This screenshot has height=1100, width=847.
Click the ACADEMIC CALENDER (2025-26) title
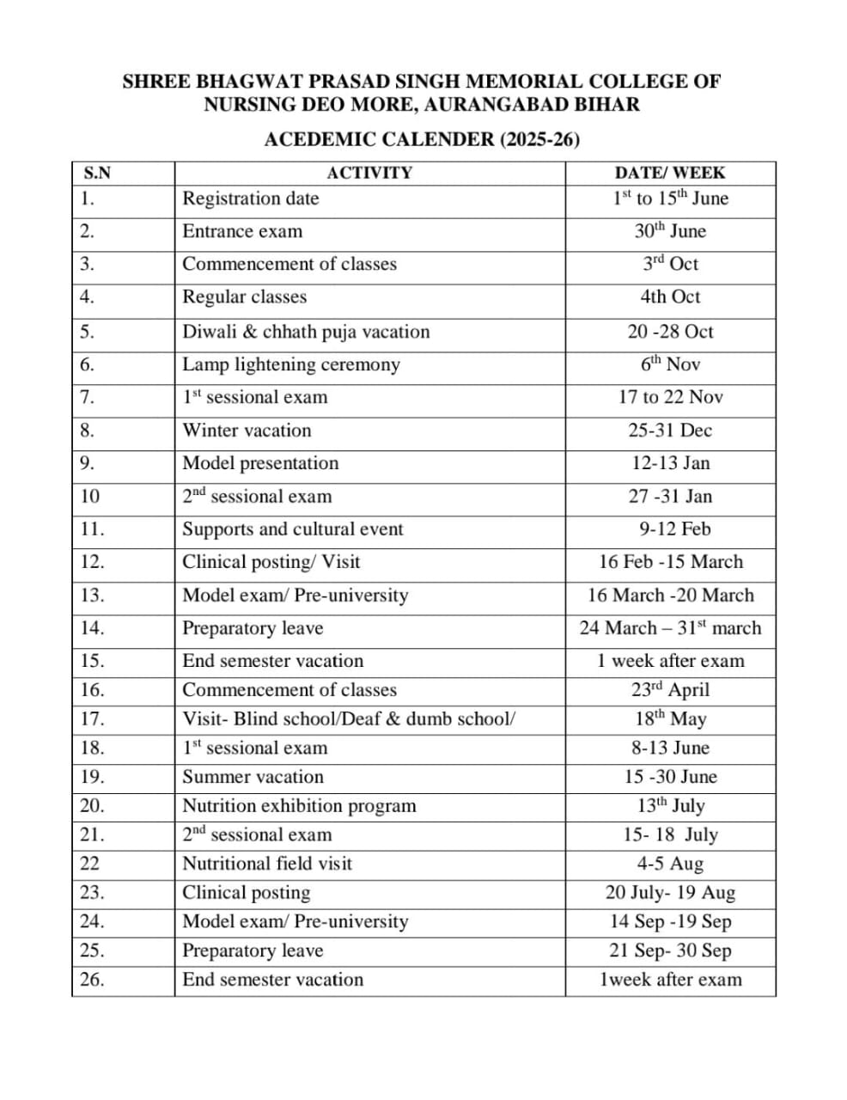click(422, 139)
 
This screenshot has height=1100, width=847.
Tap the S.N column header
click(97, 173)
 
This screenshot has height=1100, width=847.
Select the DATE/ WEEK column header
click(670, 173)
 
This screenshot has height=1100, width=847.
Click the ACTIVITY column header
click(369, 173)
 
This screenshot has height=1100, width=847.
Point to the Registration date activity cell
click(250, 199)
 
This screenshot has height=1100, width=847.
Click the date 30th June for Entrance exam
click(670, 231)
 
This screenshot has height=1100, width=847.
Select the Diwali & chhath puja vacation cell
click(306, 332)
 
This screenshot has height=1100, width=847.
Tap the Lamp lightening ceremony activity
click(291, 364)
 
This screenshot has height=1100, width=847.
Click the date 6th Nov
click(670, 364)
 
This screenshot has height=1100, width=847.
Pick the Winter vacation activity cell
click(247, 431)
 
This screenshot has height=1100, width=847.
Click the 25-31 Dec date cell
click(670, 431)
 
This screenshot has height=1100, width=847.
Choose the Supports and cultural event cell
click(292, 529)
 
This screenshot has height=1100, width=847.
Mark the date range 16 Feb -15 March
click(670, 562)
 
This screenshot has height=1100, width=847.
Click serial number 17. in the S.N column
click(92, 718)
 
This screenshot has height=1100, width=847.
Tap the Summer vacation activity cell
click(253, 777)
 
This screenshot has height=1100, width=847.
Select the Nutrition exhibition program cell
click(299, 806)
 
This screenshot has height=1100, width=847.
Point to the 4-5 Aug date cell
click(670, 864)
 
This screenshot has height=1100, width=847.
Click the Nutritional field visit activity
click(267, 864)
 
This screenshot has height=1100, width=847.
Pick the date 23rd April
click(670, 690)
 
